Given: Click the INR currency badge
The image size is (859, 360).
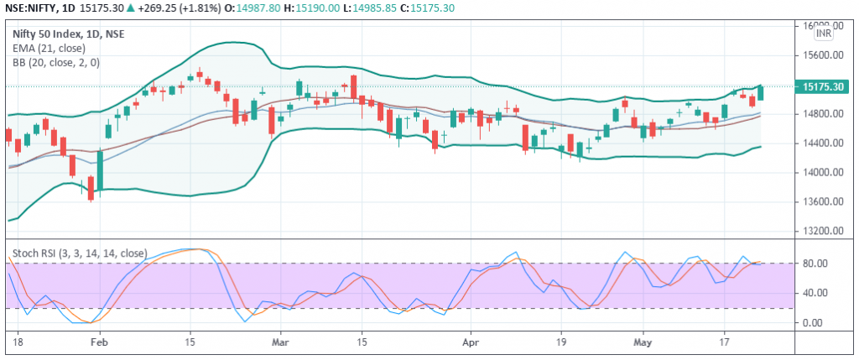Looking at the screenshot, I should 823,34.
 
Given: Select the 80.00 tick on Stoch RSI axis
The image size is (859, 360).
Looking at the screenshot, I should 815,263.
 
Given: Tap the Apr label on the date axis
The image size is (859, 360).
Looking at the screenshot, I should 470,342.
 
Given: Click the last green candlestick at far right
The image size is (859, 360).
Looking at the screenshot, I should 760,93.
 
